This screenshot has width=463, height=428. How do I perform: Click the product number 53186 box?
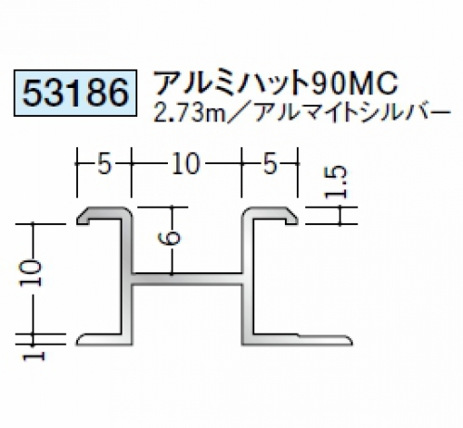pyautogui.click(x=75, y=93)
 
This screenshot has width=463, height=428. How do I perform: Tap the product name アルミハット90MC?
pyautogui.click(x=277, y=82)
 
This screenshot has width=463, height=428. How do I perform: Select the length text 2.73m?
pyautogui.click(x=189, y=113)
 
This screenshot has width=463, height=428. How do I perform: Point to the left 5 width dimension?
pyautogui.click(x=104, y=164)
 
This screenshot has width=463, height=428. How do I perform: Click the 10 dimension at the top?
pyautogui.click(x=186, y=164)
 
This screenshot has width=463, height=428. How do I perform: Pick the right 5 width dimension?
pyautogui.click(x=270, y=164)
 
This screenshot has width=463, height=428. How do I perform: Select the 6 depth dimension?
pyautogui.click(x=169, y=238)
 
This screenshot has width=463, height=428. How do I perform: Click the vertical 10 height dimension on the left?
pyautogui.click(x=32, y=273)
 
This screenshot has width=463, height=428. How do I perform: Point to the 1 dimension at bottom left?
pyautogui.click(x=34, y=357)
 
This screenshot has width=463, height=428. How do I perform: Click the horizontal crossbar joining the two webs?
pyautogui.click(x=187, y=279)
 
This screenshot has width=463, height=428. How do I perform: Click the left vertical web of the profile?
pyautogui.click(x=126, y=278)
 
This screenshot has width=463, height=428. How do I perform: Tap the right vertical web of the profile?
pyautogui.click(x=248, y=278)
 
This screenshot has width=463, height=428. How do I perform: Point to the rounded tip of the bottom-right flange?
pyautogui.click(x=352, y=341)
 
